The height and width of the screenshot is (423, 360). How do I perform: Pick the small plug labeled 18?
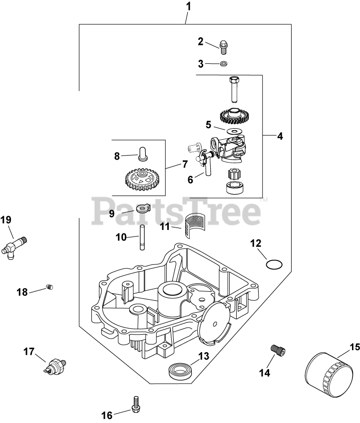pos(49,286)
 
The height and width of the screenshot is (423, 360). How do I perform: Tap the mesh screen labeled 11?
pos(194,226)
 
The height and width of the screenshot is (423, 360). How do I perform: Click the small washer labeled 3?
pos(224,64)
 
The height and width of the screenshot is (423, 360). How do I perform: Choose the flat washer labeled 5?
pos(233,131)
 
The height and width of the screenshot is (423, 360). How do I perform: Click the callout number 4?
pos(280,136)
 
